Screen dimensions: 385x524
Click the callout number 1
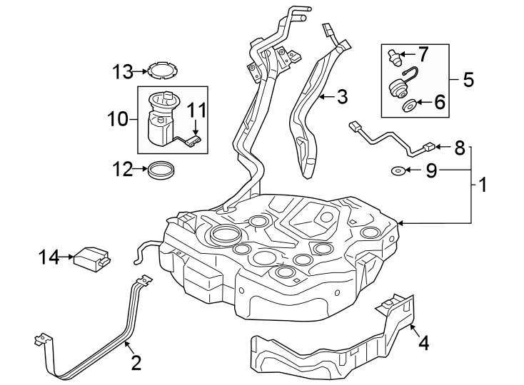click(x=483, y=186)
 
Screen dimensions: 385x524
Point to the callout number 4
click(x=424, y=344)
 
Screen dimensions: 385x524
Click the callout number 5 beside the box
click(x=468, y=79)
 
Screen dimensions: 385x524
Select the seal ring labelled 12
click(x=161, y=171)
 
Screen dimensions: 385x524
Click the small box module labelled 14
click(x=91, y=257)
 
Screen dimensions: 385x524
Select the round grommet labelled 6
click(x=411, y=106)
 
